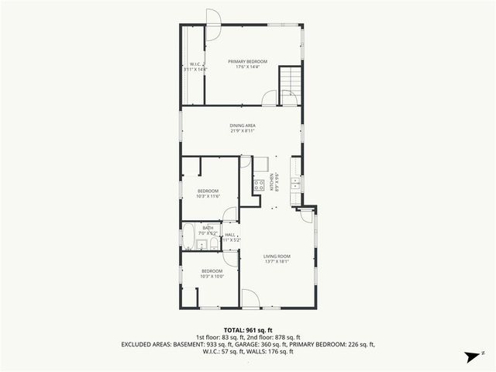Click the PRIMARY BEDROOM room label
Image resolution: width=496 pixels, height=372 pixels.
pyautogui.click(x=247, y=61)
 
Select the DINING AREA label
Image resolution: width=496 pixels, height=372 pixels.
pyautogui.click(x=242, y=126)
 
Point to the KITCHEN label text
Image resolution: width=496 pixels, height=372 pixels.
pyautogui.click(x=272, y=181)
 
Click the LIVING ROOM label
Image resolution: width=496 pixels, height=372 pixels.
pyautogui.click(x=276, y=257)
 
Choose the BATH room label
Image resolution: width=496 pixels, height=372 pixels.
pyautogui.click(x=208, y=228)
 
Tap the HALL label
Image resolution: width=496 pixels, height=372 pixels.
pyautogui.click(x=230, y=235)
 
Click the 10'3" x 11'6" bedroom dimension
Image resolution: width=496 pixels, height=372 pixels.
pyautogui.click(x=209, y=197)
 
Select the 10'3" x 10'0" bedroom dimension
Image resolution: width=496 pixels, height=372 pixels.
pyautogui.click(x=212, y=277)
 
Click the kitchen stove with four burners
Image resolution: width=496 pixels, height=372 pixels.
pyautogui.click(x=259, y=184)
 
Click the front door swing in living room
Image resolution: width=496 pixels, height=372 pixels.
pyautogui.click(x=251, y=299)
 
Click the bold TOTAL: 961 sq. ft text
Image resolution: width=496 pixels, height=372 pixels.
pyautogui.click(x=248, y=330)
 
